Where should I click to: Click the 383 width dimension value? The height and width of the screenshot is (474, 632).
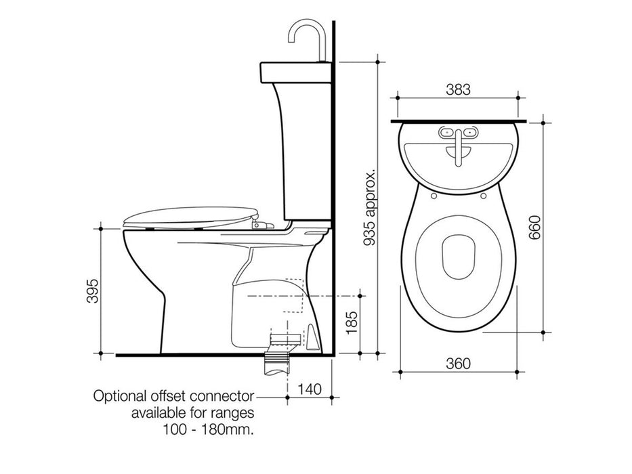coord(457,89)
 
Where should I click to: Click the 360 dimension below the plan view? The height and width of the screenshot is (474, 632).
coord(457,364)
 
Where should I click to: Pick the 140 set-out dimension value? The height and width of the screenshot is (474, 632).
coord(308,389)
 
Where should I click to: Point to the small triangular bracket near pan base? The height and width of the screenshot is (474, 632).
coord(313,337)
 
